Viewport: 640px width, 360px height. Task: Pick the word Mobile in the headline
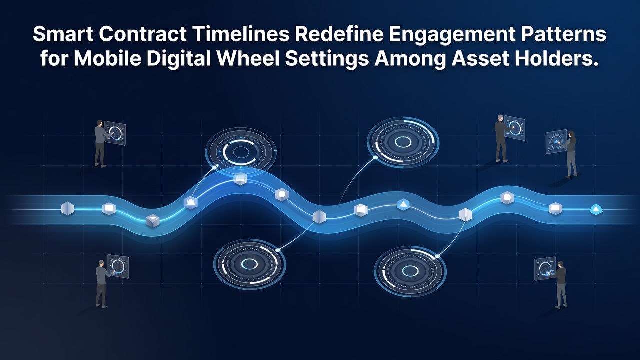tap(108, 58)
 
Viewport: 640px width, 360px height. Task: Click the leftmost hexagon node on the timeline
tap(67, 208)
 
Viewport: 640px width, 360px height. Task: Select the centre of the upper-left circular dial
tap(241, 152)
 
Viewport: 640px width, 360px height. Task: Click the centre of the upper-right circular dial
tap(403, 141)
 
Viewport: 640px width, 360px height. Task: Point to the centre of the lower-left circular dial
tap(249, 264)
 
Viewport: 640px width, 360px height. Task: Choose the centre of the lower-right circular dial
tap(410, 270)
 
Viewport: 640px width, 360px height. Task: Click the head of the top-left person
tap(99, 123)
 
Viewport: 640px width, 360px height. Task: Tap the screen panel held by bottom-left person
tap(118, 266)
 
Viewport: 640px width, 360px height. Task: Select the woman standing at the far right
tap(571, 155)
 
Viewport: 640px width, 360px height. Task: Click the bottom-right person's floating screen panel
tap(545, 268)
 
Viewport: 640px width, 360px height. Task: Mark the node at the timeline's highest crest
tap(240, 179)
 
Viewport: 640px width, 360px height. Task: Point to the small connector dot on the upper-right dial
tap(375, 157)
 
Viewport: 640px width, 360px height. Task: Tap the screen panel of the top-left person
tap(115, 133)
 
